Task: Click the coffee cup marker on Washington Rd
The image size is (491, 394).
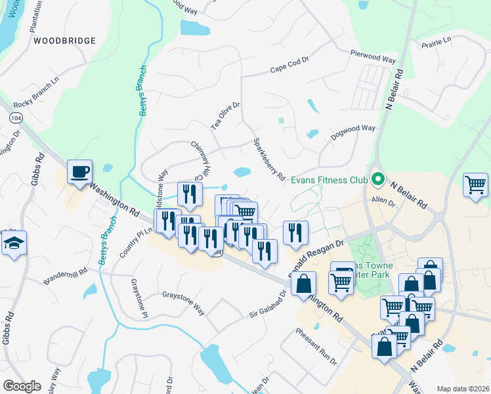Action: tap(80, 173)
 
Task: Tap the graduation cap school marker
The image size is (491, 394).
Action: tap(14, 244)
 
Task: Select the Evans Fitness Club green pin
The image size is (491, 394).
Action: tap(377, 179)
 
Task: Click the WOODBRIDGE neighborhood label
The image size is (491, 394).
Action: tap(64, 41)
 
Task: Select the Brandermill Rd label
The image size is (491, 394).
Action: tap(66, 276)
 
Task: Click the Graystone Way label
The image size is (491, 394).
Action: tap(184, 295)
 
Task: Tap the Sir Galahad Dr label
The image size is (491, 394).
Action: tap(268, 305)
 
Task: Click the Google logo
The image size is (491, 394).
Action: tap(22, 386)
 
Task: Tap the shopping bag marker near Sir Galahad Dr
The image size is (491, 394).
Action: tap(303, 284)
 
